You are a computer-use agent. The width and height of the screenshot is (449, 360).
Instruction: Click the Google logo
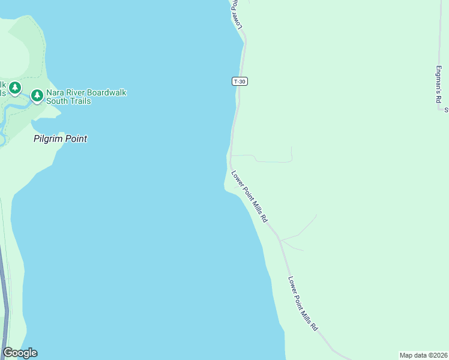point(20,353)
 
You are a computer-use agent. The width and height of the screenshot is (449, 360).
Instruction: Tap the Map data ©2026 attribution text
point(424,355)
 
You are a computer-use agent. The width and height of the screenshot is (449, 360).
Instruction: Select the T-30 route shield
point(240,81)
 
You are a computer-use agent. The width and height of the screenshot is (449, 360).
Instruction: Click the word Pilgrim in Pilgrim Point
point(47,139)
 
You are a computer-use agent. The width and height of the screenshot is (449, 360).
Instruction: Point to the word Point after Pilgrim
point(75,139)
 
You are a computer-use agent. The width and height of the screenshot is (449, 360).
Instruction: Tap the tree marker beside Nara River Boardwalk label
point(37,95)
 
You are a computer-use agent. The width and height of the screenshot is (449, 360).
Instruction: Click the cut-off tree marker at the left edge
point(14,88)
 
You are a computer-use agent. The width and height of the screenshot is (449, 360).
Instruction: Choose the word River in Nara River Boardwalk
point(76,93)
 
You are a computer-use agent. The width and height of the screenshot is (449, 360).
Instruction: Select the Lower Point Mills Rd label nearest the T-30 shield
point(249,197)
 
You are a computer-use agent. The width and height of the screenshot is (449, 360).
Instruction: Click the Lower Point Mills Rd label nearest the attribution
point(303,304)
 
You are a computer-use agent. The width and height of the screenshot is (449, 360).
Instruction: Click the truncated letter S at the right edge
point(446,110)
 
